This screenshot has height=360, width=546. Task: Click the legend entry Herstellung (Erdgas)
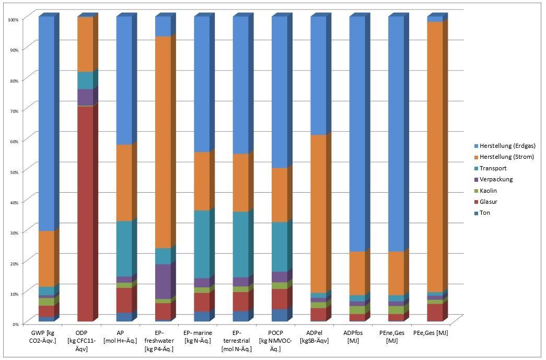click(507, 146)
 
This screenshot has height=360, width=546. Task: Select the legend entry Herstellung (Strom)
click(506, 157)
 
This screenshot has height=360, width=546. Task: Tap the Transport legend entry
click(493, 168)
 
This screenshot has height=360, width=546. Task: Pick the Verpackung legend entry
click(496, 179)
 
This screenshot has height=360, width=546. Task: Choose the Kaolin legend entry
click(489, 191)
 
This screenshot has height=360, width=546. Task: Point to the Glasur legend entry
click(489, 202)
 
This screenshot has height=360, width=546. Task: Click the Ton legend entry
click(486, 213)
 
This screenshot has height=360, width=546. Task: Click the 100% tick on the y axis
click(13, 19)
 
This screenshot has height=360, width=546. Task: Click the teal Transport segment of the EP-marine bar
click(202, 244)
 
